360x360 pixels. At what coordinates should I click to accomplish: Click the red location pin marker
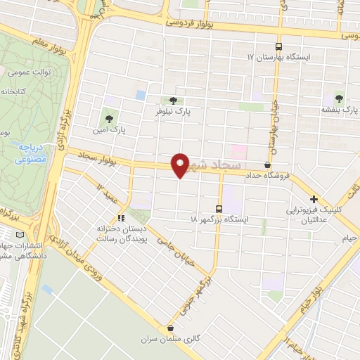(181, 165)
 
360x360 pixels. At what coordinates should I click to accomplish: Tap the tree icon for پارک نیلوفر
(174, 100)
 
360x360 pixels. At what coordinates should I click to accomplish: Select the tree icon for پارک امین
(108, 118)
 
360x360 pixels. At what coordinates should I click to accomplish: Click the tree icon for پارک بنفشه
(340, 98)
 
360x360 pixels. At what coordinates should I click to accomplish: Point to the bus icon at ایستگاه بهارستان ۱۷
(280, 43)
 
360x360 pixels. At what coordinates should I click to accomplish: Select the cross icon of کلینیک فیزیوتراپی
(314, 199)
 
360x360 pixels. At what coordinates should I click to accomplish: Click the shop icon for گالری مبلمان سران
(170, 328)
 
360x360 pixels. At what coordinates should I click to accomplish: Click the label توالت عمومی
(28, 72)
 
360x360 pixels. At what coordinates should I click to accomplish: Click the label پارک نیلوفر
(174, 111)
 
